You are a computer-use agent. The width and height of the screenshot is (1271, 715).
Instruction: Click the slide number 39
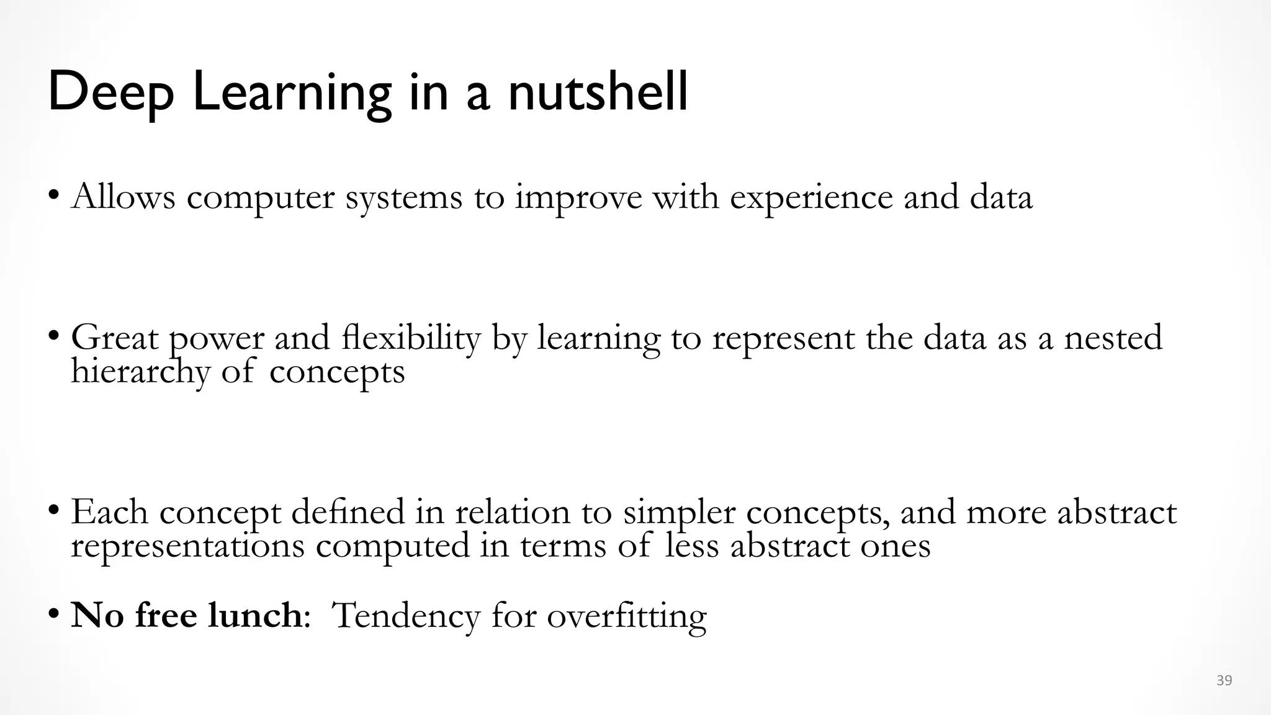[1224, 681]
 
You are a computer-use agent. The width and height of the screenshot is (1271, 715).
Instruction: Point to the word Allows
[124, 197]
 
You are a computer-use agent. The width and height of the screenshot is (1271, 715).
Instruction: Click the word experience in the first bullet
[811, 198]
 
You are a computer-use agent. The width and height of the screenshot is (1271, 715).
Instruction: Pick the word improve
[578, 198]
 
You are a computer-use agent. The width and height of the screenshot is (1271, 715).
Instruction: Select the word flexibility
[411, 338]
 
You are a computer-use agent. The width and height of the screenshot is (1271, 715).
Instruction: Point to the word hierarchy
[140, 372]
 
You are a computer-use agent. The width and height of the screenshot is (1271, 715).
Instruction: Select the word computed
[393, 547]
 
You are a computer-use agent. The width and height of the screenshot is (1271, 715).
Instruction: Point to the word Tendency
[406, 616]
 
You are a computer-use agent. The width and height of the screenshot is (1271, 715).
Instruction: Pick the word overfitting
[627, 616]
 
